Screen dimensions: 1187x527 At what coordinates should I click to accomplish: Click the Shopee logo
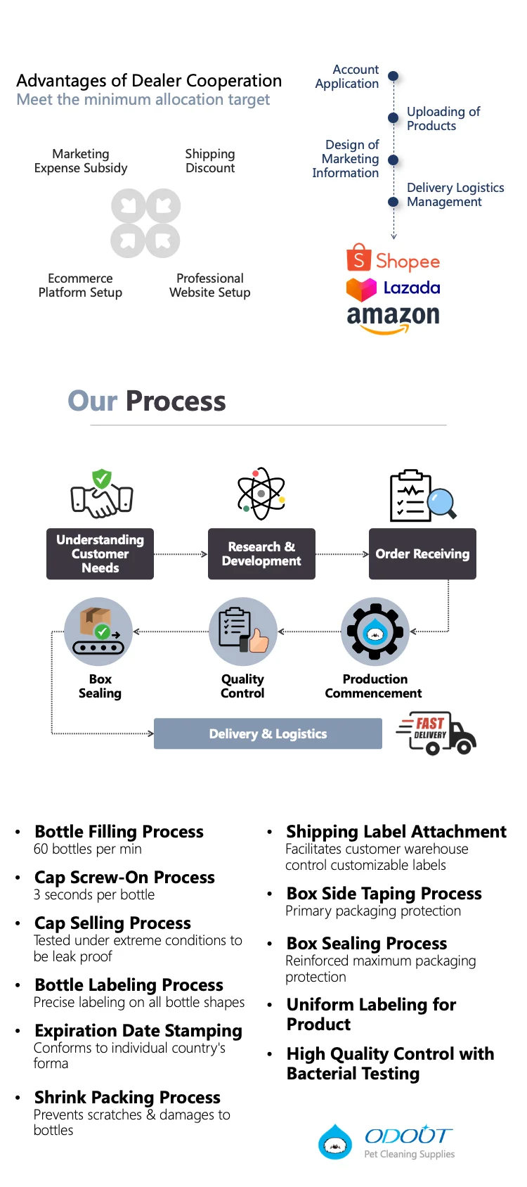[x=393, y=259]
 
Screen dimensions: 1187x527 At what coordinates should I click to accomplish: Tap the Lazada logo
[x=393, y=288]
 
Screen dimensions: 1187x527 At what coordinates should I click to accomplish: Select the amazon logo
[x=393, y=317]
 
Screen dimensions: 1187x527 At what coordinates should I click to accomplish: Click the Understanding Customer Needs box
[x=100, y=554]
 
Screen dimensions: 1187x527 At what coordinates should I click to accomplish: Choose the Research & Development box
[x=261, y=554]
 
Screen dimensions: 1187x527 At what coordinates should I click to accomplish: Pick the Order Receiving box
[x=422, y=554]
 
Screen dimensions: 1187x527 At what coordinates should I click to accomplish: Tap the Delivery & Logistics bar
[x=268, y=733]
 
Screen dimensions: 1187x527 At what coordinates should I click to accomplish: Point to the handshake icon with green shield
[x=102, y=493]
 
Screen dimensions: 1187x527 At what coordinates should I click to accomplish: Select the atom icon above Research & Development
[x=261, y=494]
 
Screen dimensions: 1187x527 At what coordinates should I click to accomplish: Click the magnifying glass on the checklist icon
[x=442, y=503]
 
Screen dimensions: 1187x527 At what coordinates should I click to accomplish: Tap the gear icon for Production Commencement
[x=375, y=631]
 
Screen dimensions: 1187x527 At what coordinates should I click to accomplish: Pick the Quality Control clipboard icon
[x=242, y=631]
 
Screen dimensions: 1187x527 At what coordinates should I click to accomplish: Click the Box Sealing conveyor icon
[x=98, y=631]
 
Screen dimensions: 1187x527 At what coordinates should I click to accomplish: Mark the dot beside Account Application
[x=393, y=76]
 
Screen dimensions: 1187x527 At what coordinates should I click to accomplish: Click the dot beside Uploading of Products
[x=393, y=118]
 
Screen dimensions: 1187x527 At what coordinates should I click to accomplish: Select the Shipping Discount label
[x=210, y=161]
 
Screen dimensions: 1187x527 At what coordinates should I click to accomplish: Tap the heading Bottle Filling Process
[x=119, y=832]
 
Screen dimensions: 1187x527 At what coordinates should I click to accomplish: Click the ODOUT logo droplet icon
[x=335, y=1142]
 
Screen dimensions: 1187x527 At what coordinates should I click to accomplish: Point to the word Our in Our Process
[x=92, y=402]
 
